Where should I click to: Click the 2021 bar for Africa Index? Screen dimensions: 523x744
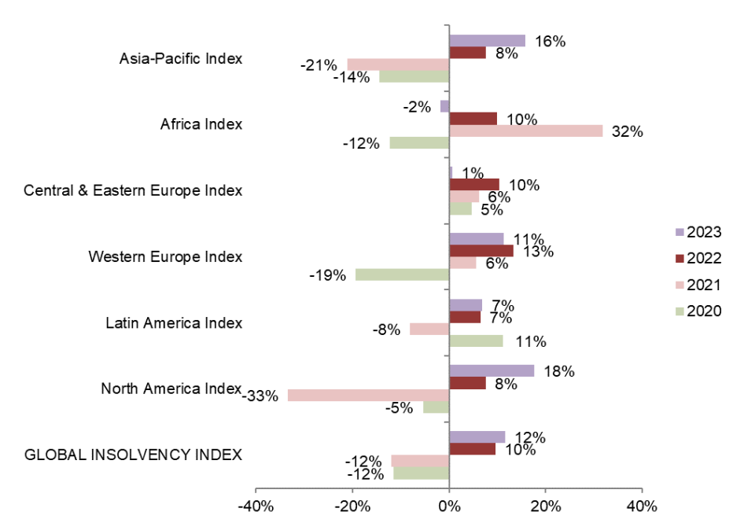pyautogui.click(x=525, y=131)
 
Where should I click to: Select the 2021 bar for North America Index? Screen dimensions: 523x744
pyautogui.click(x=368, y=395)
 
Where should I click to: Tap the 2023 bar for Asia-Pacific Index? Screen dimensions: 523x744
pyautogui.click(x=487, y=41)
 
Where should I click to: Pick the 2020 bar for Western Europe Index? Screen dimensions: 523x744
pyautogui.click(x=402, y=274)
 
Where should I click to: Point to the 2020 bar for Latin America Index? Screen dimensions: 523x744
pyautogui.click(x=476, y=341)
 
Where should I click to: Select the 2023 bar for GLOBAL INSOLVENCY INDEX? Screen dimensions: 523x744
pyautogui.click(x=477, y=436)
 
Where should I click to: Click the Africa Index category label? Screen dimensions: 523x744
pyautogui.click(x=201, y=124)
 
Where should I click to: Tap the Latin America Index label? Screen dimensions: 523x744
pyautogui.click(x=174, y=322)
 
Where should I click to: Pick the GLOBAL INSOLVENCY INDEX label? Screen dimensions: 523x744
pyautogui.click(x=134, y=455)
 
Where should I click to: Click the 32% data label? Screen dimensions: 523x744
pyautogui.click(x=628, y=132)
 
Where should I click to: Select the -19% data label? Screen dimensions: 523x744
pyautogui.click(x=330, y=276)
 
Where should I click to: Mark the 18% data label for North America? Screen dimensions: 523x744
pyautogui.click(x=559, y=371)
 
